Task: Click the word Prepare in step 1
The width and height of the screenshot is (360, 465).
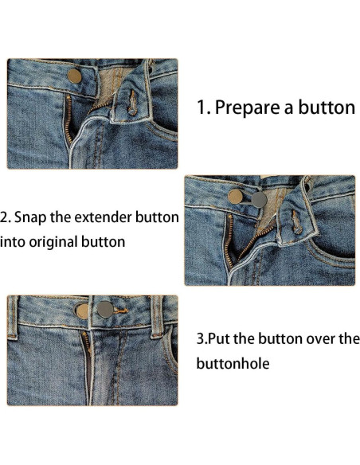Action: pos(247,107)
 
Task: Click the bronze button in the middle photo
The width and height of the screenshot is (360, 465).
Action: pos(236,195)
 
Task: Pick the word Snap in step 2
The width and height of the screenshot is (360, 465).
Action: pos(31,217)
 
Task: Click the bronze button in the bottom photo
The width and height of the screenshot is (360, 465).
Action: pos(83,311)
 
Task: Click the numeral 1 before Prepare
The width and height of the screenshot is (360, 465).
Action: pos(202,107)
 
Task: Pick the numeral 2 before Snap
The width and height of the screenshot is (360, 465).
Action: pos(4,217)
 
